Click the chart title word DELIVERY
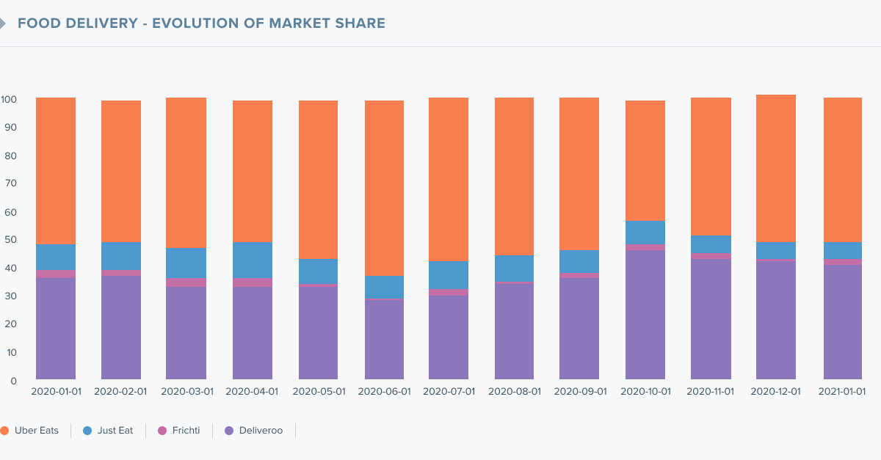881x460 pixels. tap(101, 23)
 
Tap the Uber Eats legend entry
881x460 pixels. tap(29, 431)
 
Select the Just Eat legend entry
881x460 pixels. tap(108, 431)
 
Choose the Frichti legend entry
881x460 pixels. tap(179, 431)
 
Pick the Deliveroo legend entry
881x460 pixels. tap(254, 431)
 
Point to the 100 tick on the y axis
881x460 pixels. tap(9, 100)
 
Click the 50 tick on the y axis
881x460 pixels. tap(10, 240)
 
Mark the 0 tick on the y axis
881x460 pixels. tap(14, 381)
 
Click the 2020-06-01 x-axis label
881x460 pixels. tap(384, 392)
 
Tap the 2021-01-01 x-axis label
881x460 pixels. tap(842, 392)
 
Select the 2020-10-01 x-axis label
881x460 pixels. tap(646, 392)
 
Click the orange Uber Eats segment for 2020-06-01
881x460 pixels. tap(384, 189)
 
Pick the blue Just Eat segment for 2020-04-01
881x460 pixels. tap(253, 260)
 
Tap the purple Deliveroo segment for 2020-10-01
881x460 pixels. tap(645, 315)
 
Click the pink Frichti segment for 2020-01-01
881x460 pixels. tap(56, 274)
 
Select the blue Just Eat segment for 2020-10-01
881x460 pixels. tap(645, 233)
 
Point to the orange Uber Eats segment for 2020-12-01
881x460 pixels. tap(776, 168)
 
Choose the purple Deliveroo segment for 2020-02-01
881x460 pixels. tap(121, 327)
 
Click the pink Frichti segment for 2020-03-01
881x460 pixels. tap(186, 282)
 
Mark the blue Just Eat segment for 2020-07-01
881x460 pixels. tap(449, 275)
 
